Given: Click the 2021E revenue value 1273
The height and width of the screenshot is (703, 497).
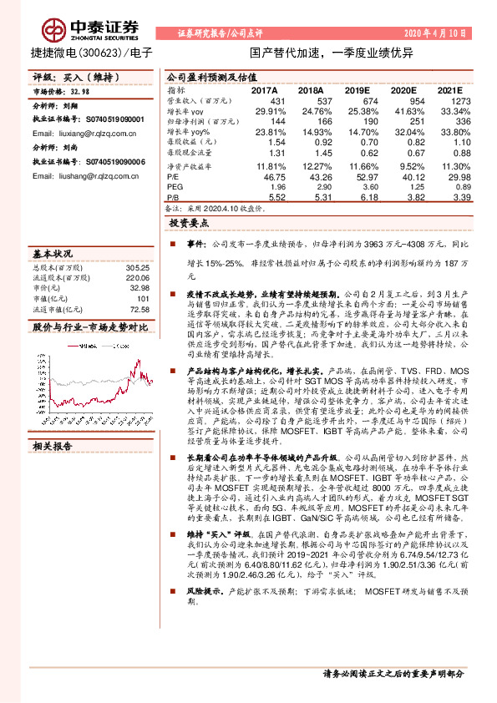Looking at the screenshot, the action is tap(449, 100).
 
